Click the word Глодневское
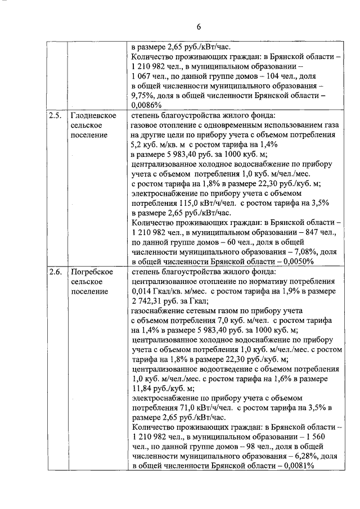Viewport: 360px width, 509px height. coord(94,115)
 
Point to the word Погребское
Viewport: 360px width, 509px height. coord(93,272)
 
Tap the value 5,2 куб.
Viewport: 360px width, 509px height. coord(147,145)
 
